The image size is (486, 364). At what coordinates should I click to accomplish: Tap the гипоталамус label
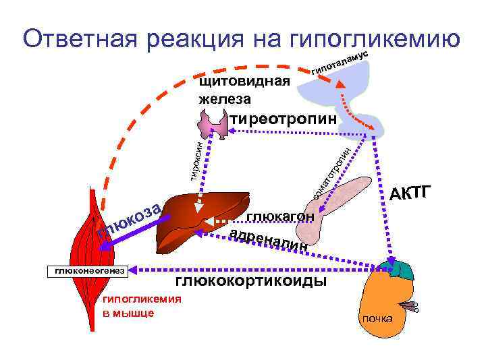point(340,61)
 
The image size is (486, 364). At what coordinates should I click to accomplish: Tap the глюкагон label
point(280,217)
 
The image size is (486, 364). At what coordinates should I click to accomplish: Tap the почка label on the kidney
point(377,318)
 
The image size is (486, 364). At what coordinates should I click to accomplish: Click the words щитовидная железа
point(244,90)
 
